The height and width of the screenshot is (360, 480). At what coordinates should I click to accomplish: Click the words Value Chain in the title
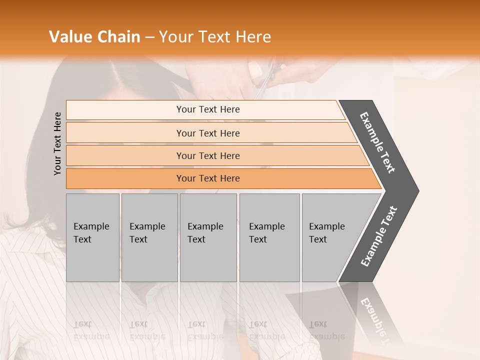point(94,36)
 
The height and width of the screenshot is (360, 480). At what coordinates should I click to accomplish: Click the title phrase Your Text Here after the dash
point(215,36)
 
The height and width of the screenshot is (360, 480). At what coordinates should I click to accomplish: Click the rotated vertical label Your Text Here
point(57,143)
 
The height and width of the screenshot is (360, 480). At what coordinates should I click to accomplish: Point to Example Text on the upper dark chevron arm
point(377,142)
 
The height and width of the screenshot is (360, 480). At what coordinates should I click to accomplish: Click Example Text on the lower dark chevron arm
point(378,236)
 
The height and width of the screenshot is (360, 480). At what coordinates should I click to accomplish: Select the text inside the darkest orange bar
point(208,178)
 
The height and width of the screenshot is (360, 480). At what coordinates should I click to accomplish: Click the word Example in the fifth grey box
point(326,226)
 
